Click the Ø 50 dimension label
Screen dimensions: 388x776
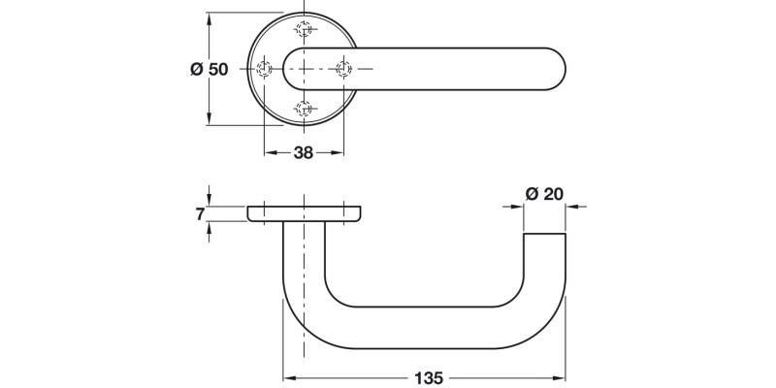[x=209, y=69]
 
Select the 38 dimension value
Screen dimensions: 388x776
[x=304, y=152]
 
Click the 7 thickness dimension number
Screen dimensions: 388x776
[x=200, y=213]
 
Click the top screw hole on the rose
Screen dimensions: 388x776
[x=304, y=27]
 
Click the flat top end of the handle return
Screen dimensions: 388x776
[x=544, y=234]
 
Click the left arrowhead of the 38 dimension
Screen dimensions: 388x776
[x=269, y=152]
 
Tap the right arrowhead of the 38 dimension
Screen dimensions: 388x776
[x=339, y=152]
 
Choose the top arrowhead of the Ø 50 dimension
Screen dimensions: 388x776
[x=209, y=18]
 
